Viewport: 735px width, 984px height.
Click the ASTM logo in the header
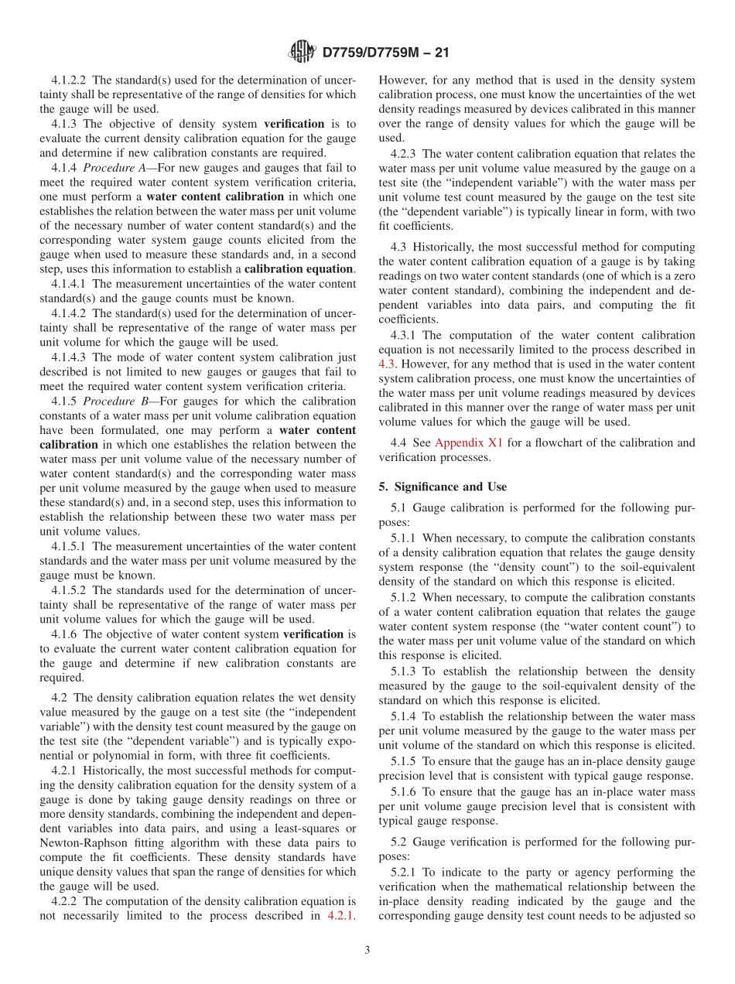(x=302, y=52)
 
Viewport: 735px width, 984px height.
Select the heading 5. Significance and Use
(x=443, y=487)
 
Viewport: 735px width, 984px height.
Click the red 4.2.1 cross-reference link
(x=341, y=915)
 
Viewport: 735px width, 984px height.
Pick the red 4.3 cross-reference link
(x=387, y=364)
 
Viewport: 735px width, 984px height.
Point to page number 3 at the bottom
(x=367, y=950)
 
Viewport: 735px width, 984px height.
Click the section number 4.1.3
(x=65, y=124)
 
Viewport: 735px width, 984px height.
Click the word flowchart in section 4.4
(x=531, y=442)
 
